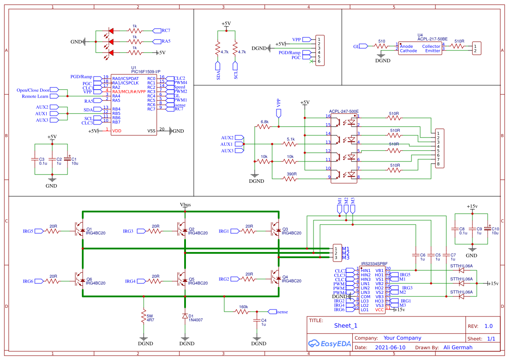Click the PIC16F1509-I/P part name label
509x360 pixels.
click(146, 72)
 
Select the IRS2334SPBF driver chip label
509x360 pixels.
click(371, 264)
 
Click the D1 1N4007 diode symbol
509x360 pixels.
click(185, 316)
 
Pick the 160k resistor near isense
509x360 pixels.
click(243, 312)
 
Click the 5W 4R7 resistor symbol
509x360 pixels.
click(143, 316)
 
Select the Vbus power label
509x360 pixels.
click(185, 205)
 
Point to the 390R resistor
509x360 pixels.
click(291, 178)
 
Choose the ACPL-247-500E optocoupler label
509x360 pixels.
click(344, 111)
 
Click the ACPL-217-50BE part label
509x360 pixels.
click(432, 39)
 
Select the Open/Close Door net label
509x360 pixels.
click(33, 91)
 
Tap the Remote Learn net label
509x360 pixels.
click(35, 96)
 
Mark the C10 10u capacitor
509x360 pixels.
click(489, 229)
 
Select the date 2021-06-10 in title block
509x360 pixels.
click(390, 347)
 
